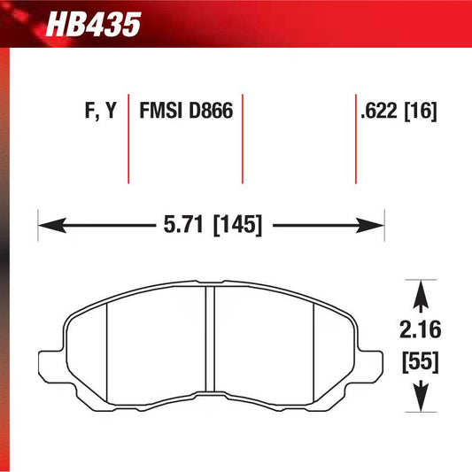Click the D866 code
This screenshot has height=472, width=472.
tap(209, 112)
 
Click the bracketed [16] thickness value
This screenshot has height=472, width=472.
tap(422, 112)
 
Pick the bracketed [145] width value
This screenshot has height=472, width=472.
tap(237, 225)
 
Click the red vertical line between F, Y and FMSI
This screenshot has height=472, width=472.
tap(128, 137)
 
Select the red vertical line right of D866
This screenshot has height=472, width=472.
tap(242, 137)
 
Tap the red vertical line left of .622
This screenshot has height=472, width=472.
tap(354, 137)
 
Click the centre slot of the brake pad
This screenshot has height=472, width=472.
tap(210, 341)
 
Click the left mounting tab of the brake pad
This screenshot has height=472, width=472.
tap(54, 364)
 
